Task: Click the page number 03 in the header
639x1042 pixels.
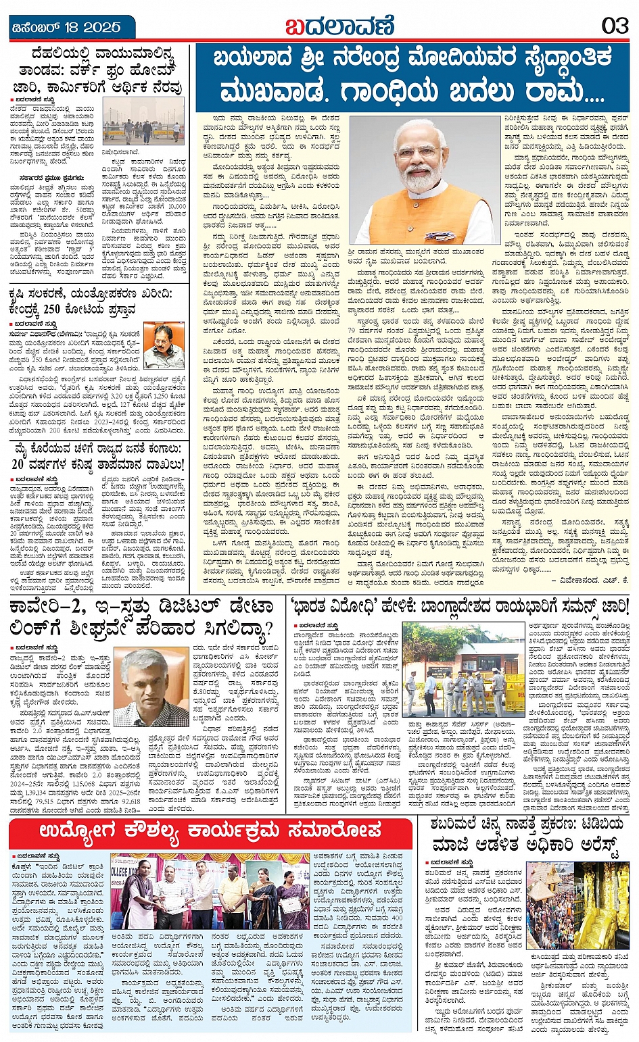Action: point(615,26)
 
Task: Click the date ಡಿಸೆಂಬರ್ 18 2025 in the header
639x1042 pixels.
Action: point(68,27)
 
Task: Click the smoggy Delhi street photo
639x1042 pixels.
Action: point(143,120)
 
